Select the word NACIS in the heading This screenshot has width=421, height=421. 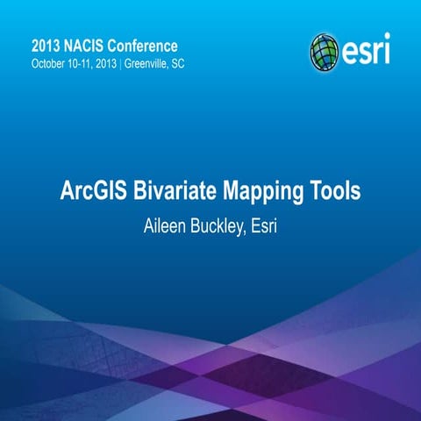point(94,45)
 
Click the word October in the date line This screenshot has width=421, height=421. point(49,64)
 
